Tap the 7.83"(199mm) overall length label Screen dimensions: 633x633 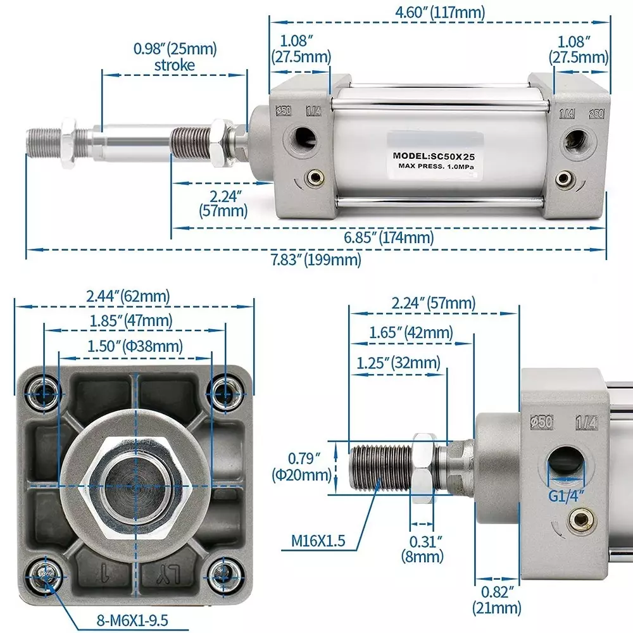[316, 259]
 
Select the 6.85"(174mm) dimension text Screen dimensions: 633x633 [389, 237]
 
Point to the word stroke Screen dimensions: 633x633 [175, 65]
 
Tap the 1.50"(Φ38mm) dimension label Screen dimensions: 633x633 [135, 346]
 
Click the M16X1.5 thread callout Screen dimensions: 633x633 [318, 541]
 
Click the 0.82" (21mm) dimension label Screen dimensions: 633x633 [497, 601]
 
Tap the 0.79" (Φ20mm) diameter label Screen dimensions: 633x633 [301, 465]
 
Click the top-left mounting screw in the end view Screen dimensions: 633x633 [44, 393]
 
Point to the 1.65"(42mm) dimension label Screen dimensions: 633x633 [411, 332]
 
